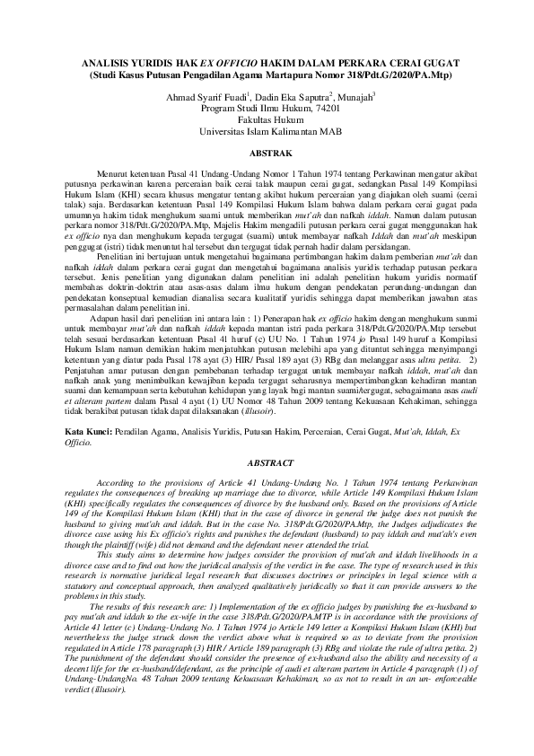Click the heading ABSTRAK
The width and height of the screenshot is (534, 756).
(267, 155)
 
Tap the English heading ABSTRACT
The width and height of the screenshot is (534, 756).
(267, 464)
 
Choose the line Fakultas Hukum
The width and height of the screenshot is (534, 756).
(267, 119)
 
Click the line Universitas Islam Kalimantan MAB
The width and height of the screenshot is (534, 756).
(267, 130)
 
